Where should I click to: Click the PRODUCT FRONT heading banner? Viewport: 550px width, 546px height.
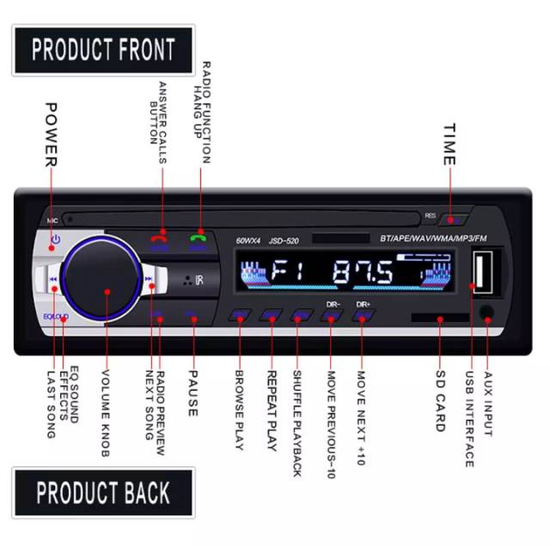coord(103,50)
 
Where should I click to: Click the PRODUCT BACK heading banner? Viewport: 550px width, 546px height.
coord(103,493)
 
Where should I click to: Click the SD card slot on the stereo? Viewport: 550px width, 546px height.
coord(439,318)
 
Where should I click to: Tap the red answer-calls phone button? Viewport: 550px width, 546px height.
coord(160,242)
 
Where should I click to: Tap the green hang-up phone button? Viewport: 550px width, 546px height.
coord(199,242)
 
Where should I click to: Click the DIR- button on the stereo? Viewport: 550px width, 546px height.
coord(332,314)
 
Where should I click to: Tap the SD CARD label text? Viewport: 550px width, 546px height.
coord(439,402)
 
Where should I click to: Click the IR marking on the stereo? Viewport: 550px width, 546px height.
coord(196,280)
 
